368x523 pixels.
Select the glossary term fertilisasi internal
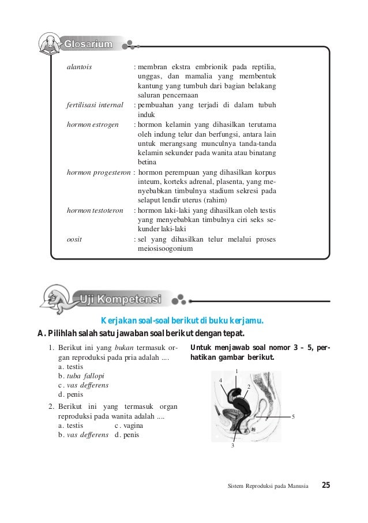[95, 105]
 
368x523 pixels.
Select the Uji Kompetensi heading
[121, 299]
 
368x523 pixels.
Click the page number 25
[326, 485]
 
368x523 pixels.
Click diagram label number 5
[293, 416]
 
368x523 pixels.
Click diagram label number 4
[220, 381]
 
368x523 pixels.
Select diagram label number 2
[248, 386]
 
